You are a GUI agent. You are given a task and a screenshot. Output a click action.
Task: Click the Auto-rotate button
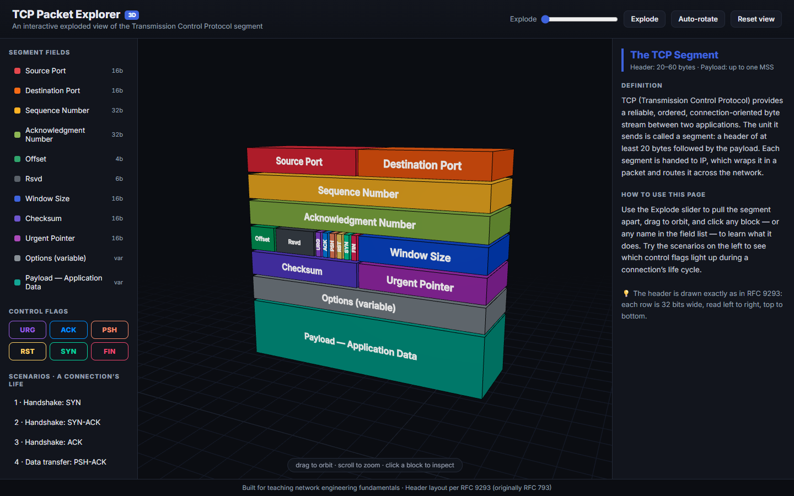coord(698,19)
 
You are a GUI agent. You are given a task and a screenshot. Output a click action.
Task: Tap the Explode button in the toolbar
coord(644,19)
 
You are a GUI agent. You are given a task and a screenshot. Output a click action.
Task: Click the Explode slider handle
coord(545,19)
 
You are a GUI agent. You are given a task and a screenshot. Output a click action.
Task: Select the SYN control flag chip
coord(68,351)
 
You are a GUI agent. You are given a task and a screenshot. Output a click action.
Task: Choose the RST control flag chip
coord(28,351)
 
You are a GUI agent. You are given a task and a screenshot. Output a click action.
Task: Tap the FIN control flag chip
coord(110,351)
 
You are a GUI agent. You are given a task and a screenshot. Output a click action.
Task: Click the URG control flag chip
coord(28,330)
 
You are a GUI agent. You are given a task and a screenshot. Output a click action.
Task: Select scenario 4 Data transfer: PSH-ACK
coord(60,462)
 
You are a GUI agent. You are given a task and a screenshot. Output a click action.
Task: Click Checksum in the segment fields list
coord(43,219)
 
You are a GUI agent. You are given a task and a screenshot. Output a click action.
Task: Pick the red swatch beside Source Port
coord(17,71)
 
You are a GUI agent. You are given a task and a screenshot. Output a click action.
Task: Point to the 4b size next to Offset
coord(119,159)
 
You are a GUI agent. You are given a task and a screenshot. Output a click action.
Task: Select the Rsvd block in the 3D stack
coord(295,242)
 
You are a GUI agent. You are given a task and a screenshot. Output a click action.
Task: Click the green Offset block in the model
coord(262,239)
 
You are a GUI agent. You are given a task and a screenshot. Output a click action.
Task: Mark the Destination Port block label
coord(422,165)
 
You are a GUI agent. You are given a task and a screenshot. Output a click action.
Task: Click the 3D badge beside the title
coord(131,15)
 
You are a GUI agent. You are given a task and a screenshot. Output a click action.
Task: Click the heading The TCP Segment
coord(674,55)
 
